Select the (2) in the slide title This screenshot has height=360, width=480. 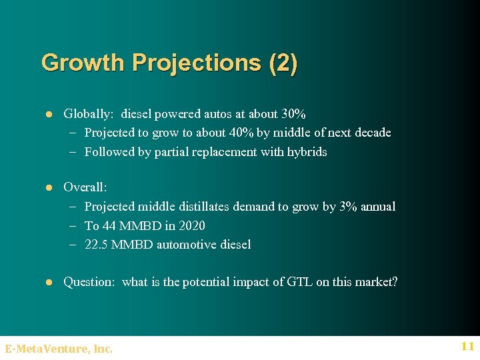(x=283, y=63)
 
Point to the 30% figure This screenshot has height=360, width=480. (x=293, y=114)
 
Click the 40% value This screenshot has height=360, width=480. (x=241, y=133)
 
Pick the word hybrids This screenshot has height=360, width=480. (x=307, y=152)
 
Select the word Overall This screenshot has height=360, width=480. (x=85, y=188)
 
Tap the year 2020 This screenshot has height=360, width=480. (x=191, y=226)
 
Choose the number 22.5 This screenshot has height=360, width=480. (x=97, y=245)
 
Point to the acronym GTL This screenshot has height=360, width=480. (x=299, y=282)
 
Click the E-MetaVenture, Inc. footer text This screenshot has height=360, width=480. (x=59, y=348)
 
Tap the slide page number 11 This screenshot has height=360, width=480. (x=467, y=346)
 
